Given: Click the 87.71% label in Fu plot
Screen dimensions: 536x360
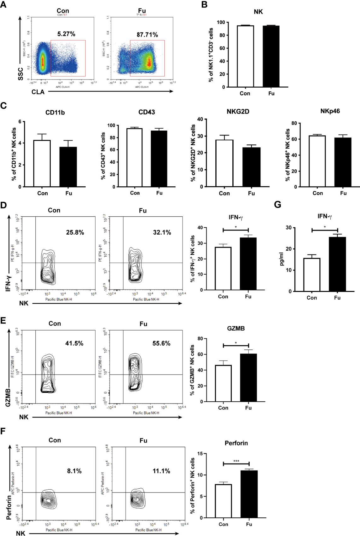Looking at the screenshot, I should [147, 35].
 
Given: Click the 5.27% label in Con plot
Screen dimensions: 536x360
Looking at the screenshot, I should [66, 34].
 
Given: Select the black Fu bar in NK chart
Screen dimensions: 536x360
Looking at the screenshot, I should [271, 56].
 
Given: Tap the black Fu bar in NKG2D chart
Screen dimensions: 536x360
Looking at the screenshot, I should [251, 167].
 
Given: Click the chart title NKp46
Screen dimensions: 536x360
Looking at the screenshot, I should [330, 111].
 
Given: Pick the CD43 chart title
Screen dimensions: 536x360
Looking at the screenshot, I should [147, 112].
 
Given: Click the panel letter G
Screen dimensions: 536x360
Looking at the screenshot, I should [277, 205].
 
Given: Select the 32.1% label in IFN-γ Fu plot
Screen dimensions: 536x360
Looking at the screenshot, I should [162, 233].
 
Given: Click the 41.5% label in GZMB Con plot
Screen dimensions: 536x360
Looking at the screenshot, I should [74, 343].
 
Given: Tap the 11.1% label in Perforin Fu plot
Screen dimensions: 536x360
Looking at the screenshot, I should [161, 471].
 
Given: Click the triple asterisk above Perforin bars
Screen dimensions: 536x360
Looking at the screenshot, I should [236, 461].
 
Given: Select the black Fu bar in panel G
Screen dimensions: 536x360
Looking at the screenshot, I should [337, 264].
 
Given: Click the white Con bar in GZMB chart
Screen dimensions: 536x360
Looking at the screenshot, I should [223, 383].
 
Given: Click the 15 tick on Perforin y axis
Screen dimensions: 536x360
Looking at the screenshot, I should [200, 454].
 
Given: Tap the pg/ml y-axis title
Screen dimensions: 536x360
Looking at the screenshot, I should [282, 259].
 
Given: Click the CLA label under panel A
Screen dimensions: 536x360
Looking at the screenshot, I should [38, 92].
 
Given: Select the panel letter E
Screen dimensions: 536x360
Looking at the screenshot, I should [3, 321].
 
